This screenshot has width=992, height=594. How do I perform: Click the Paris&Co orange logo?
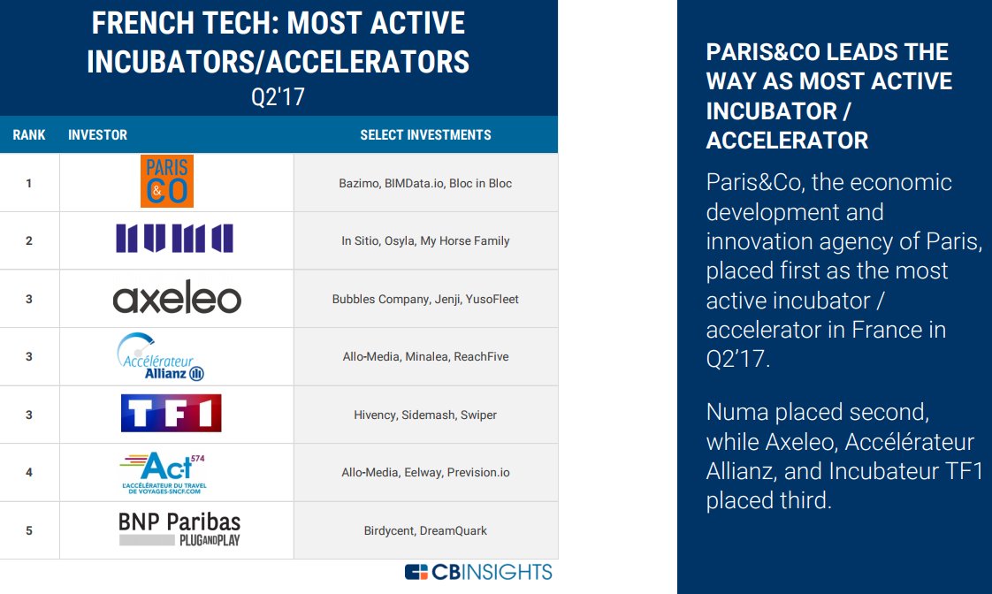pyautogui.click(x=166, y=182)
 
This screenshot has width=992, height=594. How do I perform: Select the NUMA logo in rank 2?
pyautogui.click(x=174, y=240)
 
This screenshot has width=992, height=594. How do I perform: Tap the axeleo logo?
pyautogui.click(x=177, y=299)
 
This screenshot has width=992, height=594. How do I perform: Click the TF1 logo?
pyautogui.click(x=171, y=414)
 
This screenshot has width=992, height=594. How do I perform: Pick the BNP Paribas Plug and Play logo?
pyautogui.click(x=179, y=529)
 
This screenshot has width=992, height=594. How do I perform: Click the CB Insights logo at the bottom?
pyautogui.click(x=478, y=572)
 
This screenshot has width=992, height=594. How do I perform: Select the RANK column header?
pyautogui.click(x=29, y=135)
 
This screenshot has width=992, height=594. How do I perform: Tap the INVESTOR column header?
pyautogui.click(x=97, y=135)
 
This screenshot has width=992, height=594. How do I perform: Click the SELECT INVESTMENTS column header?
pyautogui.click(x=425, y=135)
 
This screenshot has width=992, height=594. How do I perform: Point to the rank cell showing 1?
pyautogui.click(x=29, y=183)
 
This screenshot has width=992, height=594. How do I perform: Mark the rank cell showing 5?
pyautogui.click(x=29, y=530)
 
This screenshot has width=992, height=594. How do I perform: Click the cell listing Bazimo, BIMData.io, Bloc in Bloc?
pyautogui.click(x=425, y=183)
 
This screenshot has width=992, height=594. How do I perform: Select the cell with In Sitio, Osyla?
pyautogui.click(x=425, y=240)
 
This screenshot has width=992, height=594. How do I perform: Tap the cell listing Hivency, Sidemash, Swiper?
pyautogui.click(x=425, y=415)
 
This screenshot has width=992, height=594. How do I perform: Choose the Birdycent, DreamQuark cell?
pyautogui.click(x=425, y=530)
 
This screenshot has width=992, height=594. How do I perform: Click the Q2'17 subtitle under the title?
pyautogui.click(x=278, y=97)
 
